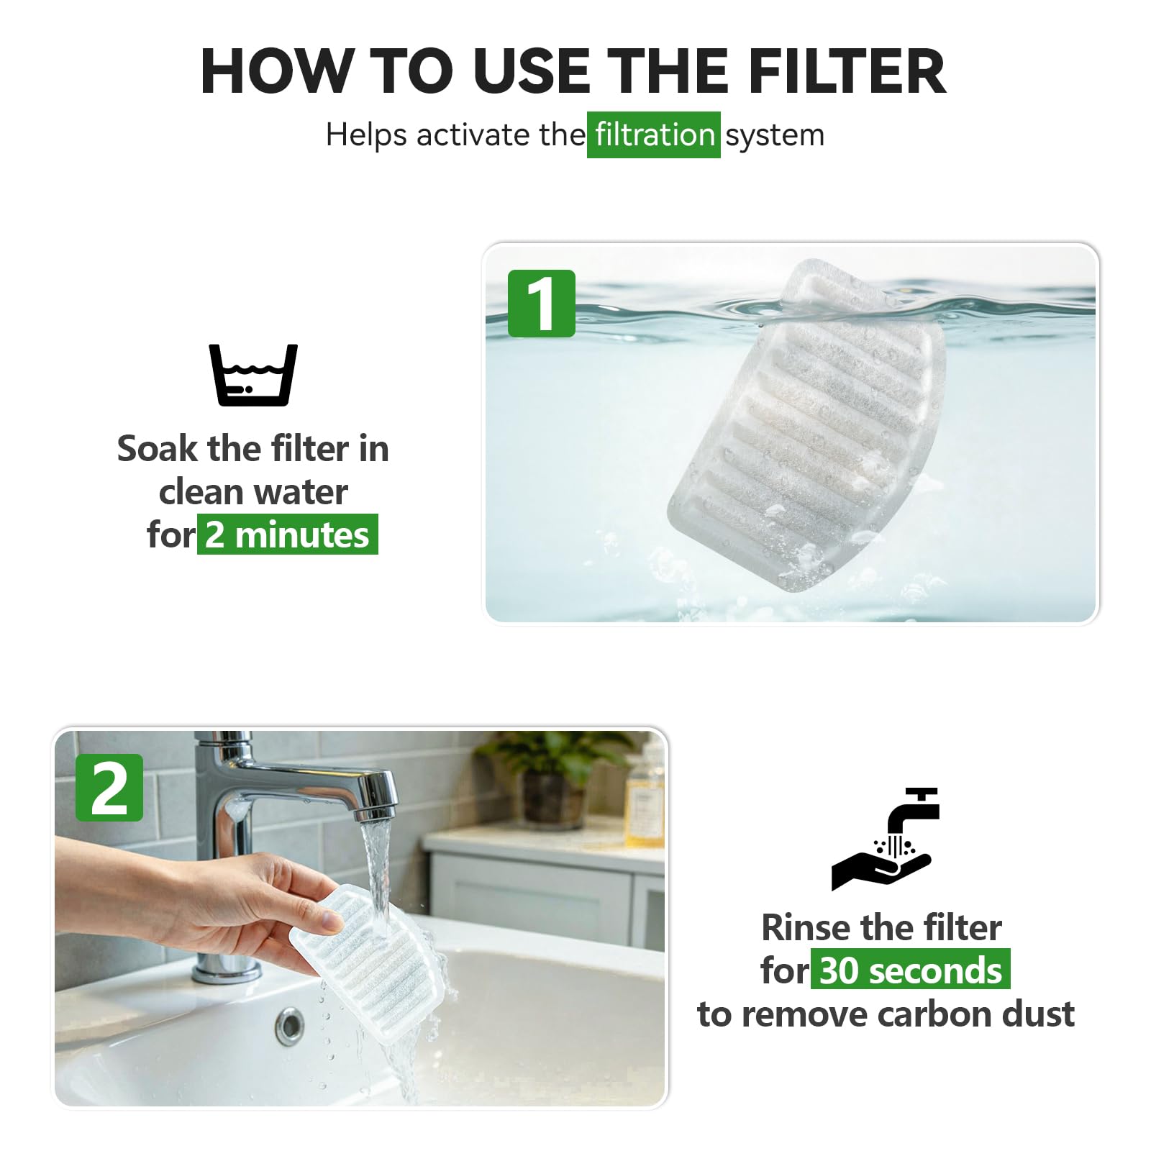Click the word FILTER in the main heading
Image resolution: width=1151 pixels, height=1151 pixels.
(x=847, y=71)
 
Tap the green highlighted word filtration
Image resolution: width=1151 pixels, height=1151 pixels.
(x=654, y=135)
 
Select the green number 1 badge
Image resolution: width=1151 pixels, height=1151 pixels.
(x=542, y=304)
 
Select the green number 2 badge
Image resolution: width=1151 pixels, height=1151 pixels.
(x=109, y=788)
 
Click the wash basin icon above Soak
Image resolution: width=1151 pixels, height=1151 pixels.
(x=253, y=375)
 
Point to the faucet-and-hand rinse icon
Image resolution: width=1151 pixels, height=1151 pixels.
(x=886, y=839)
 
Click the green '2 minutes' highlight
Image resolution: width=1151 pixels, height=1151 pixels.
(x=288, y=534)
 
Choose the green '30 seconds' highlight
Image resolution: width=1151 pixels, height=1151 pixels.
(x=911, y=970)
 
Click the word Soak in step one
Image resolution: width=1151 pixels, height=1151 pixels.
(x=158, y=449)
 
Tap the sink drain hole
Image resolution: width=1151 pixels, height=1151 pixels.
(x=289, y=1026)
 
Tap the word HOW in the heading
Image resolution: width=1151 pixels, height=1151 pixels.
(x=277, y=71)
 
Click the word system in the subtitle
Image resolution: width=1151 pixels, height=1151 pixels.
(x=775, y=135)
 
